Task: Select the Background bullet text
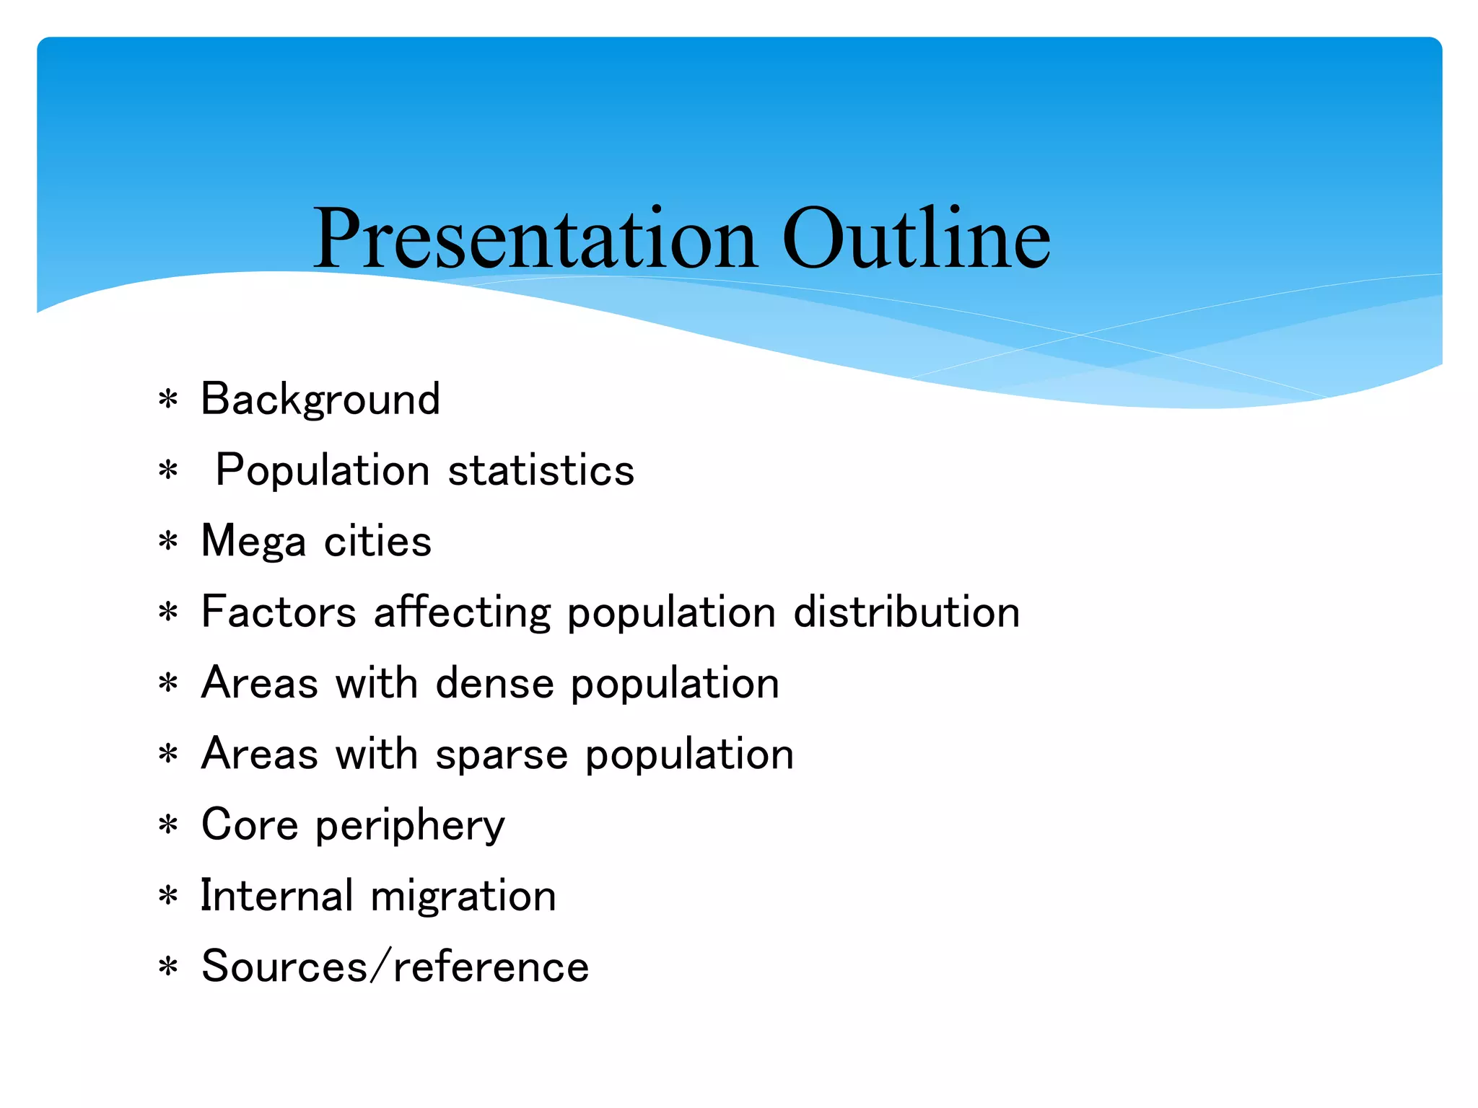(320, 399)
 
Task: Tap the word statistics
(541, 470)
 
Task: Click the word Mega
(253, 542)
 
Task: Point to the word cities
(377, 542)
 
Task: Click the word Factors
(279, 612)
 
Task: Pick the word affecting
(463, 612)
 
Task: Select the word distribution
(906, 612)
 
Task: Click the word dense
(495, 683)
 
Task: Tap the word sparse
(502, 755)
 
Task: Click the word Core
(250, 825)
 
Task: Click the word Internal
(276, 896)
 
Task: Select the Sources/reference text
(395, 967)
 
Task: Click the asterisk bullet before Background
(168, 399)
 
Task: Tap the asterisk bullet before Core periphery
(168, 825)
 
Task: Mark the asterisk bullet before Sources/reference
(168, 967)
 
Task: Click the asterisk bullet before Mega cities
(168, 541)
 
